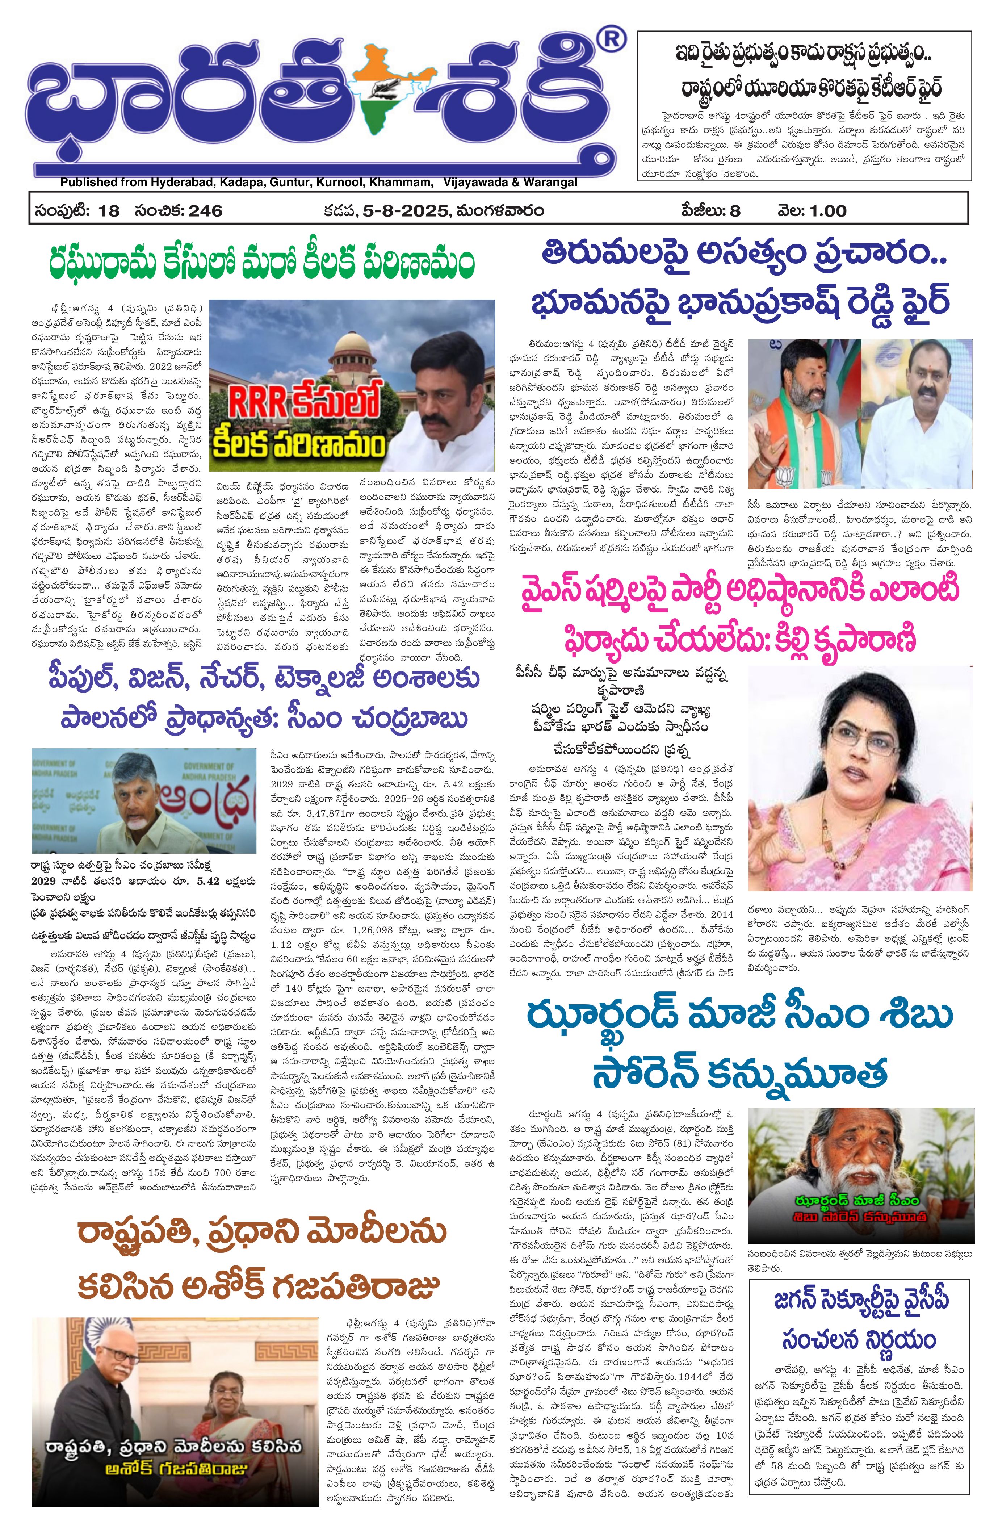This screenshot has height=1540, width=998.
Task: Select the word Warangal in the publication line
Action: coord(549,183)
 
